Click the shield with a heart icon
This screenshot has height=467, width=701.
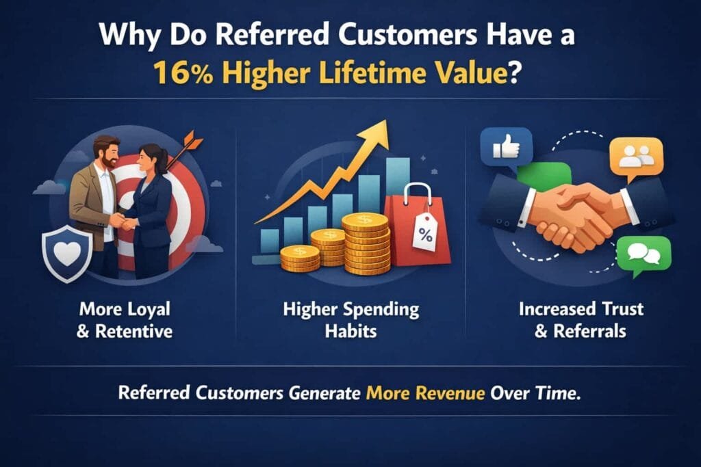67,254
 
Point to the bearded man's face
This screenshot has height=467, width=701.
109,153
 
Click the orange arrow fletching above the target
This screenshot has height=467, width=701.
193,140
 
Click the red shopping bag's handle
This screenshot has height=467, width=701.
418,195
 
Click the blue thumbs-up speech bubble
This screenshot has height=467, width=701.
507,148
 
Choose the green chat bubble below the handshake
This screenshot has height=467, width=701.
643,255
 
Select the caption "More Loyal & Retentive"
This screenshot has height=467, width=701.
125,320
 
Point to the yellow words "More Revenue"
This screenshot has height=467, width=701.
425,393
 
